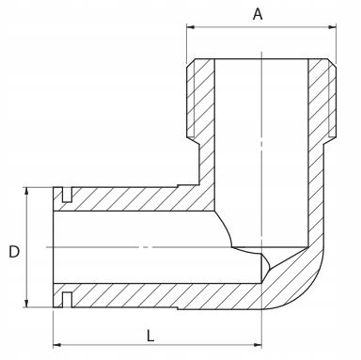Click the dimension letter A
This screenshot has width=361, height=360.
point(258,14)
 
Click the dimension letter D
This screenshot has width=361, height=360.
point(14,252)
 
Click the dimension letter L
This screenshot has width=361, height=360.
point(150,336)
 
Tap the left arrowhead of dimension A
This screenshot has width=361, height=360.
point(191,27)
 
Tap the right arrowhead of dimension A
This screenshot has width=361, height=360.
point(332,27)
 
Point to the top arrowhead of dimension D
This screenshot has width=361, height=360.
point(26,192)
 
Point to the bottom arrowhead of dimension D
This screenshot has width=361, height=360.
point(26,304)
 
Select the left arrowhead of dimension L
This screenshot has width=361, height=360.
point(57,345)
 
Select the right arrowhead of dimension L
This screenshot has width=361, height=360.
point(258,345)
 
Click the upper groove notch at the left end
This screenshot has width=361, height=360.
point(67,195)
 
